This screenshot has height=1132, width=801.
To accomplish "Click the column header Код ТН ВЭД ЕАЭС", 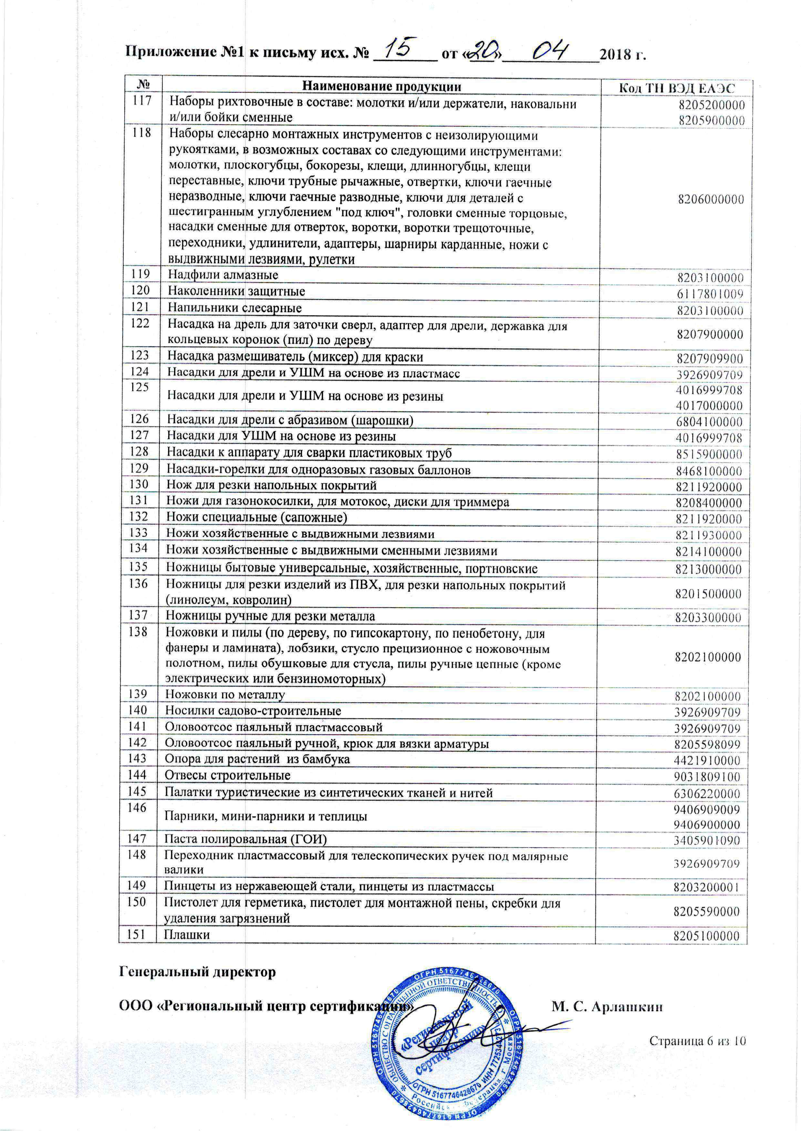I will [x=677, y=88].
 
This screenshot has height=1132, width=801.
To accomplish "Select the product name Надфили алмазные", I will [x=223, y=275].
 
